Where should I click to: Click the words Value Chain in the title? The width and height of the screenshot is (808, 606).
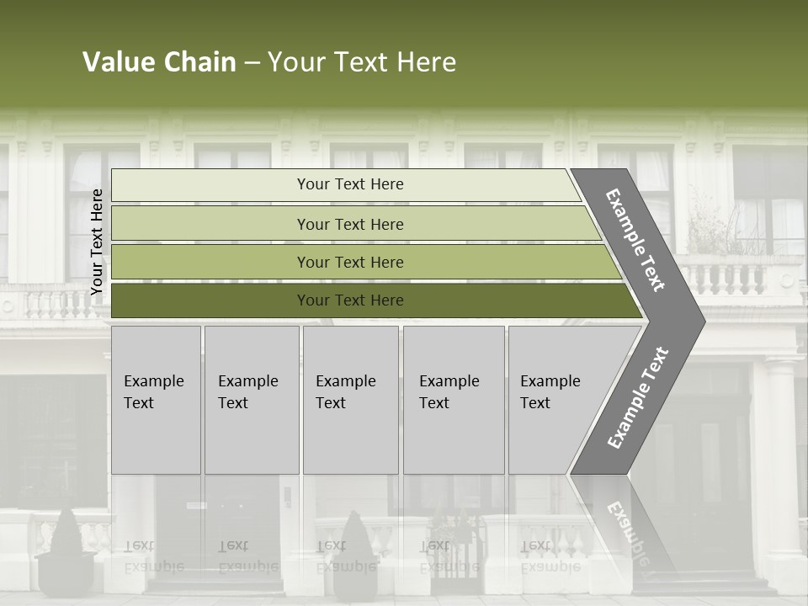coord(159,62)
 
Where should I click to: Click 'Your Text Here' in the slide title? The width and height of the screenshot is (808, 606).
coord(362,62)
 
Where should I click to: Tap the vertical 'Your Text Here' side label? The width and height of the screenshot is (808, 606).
coord(97,242)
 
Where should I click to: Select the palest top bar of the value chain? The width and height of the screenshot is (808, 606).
coord(349,184)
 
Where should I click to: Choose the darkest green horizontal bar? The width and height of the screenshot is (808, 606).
coord(349,300)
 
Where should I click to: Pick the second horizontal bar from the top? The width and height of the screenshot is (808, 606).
coord(349,224)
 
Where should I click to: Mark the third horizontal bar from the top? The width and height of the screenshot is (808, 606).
coord(349,263)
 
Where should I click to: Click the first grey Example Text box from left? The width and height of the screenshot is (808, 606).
coord(156,399)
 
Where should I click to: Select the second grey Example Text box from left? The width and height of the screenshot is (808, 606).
coord(251,399)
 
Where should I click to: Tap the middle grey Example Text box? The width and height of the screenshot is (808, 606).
coord(350,399)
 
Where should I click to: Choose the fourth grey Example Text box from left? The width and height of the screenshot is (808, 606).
coord(453,399)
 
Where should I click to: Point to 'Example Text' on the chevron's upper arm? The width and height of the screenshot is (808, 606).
coord(636,240)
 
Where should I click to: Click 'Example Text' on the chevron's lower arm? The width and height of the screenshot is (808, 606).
coord(638,398)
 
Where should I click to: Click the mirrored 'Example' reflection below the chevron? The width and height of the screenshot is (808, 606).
coord(627,534)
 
